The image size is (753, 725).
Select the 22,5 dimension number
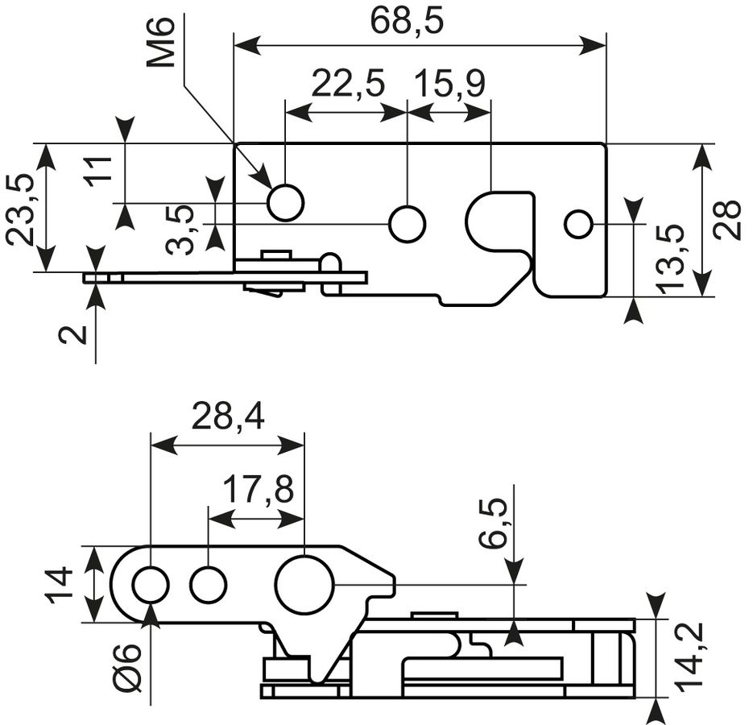tap(348, 84)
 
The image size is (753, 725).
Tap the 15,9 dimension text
tap(449, 84)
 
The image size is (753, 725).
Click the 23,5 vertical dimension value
tap(21, 210)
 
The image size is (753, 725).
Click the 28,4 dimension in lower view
tap(228, 417)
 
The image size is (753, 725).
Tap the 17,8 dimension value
tap(259, 490)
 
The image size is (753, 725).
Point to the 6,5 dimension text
tap(493, 524)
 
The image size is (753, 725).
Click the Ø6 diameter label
tap(128, 668)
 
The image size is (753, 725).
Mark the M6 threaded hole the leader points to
tap(286, 203)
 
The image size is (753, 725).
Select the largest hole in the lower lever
tap(304, 585)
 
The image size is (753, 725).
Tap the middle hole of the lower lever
tap(208, 585)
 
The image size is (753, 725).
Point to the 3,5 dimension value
tap(179, 230)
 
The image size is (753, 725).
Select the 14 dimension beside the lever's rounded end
tap(59, 584)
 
